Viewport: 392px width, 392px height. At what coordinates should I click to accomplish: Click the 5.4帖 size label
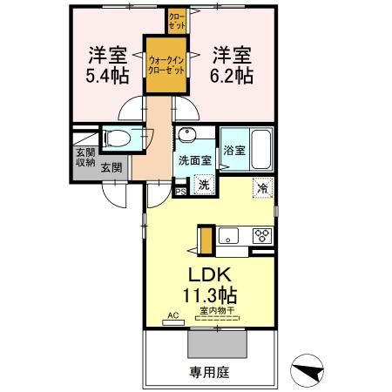coord(108,76)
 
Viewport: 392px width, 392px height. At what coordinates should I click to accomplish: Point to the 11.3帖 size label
coord(210,294)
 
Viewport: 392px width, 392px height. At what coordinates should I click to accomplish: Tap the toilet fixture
coord(118,138)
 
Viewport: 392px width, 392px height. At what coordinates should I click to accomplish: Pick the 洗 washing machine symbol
coord(204,184)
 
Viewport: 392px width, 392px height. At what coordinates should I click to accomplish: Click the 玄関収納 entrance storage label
coord(84,158)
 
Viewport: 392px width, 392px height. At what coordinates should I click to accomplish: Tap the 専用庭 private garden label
coord(209,372)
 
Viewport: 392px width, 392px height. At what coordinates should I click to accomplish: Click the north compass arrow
coord(308,370)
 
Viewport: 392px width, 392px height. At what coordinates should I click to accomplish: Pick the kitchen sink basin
coord(228,236)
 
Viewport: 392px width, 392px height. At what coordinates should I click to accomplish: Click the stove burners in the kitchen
coord(261,235)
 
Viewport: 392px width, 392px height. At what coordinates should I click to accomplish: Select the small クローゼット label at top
coord(177,18)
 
